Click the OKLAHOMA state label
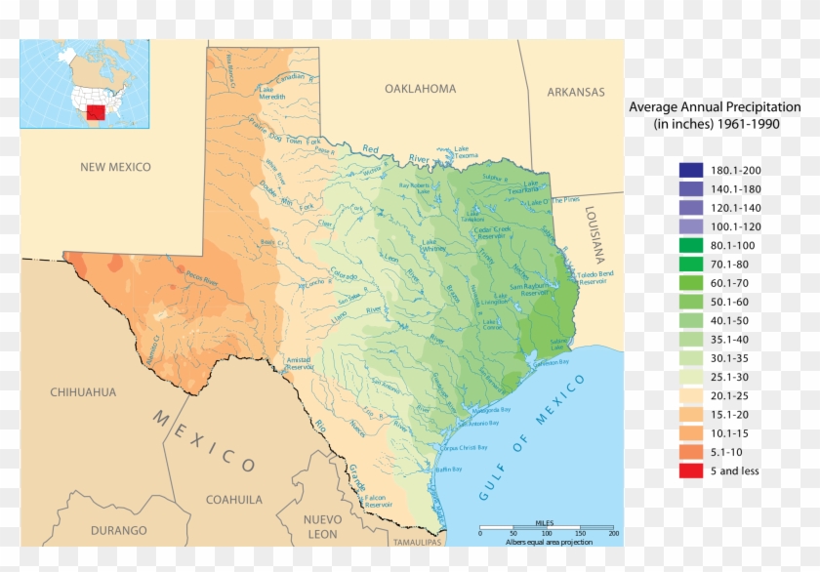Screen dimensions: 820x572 pos(420,89)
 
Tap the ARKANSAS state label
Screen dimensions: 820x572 pos(575,92)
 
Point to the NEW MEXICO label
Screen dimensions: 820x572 pos(115,167)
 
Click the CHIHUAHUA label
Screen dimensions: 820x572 pos(83,392)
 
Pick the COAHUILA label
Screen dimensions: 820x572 pos(233,499)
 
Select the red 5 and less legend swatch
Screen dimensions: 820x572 pos(691,470)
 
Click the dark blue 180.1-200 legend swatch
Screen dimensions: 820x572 pos(691,170)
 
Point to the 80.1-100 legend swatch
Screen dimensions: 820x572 pos(691,245)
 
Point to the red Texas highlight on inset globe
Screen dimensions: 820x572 pos(96,112)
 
